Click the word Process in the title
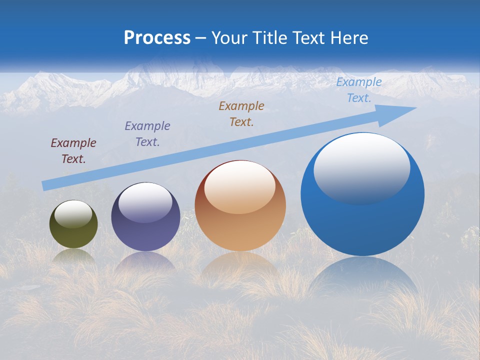point(157,38)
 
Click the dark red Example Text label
point(73,151)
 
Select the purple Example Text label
point(147,134)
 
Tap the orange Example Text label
point(241,114)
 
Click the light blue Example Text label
point(359,90)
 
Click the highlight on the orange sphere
point(240,187)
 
